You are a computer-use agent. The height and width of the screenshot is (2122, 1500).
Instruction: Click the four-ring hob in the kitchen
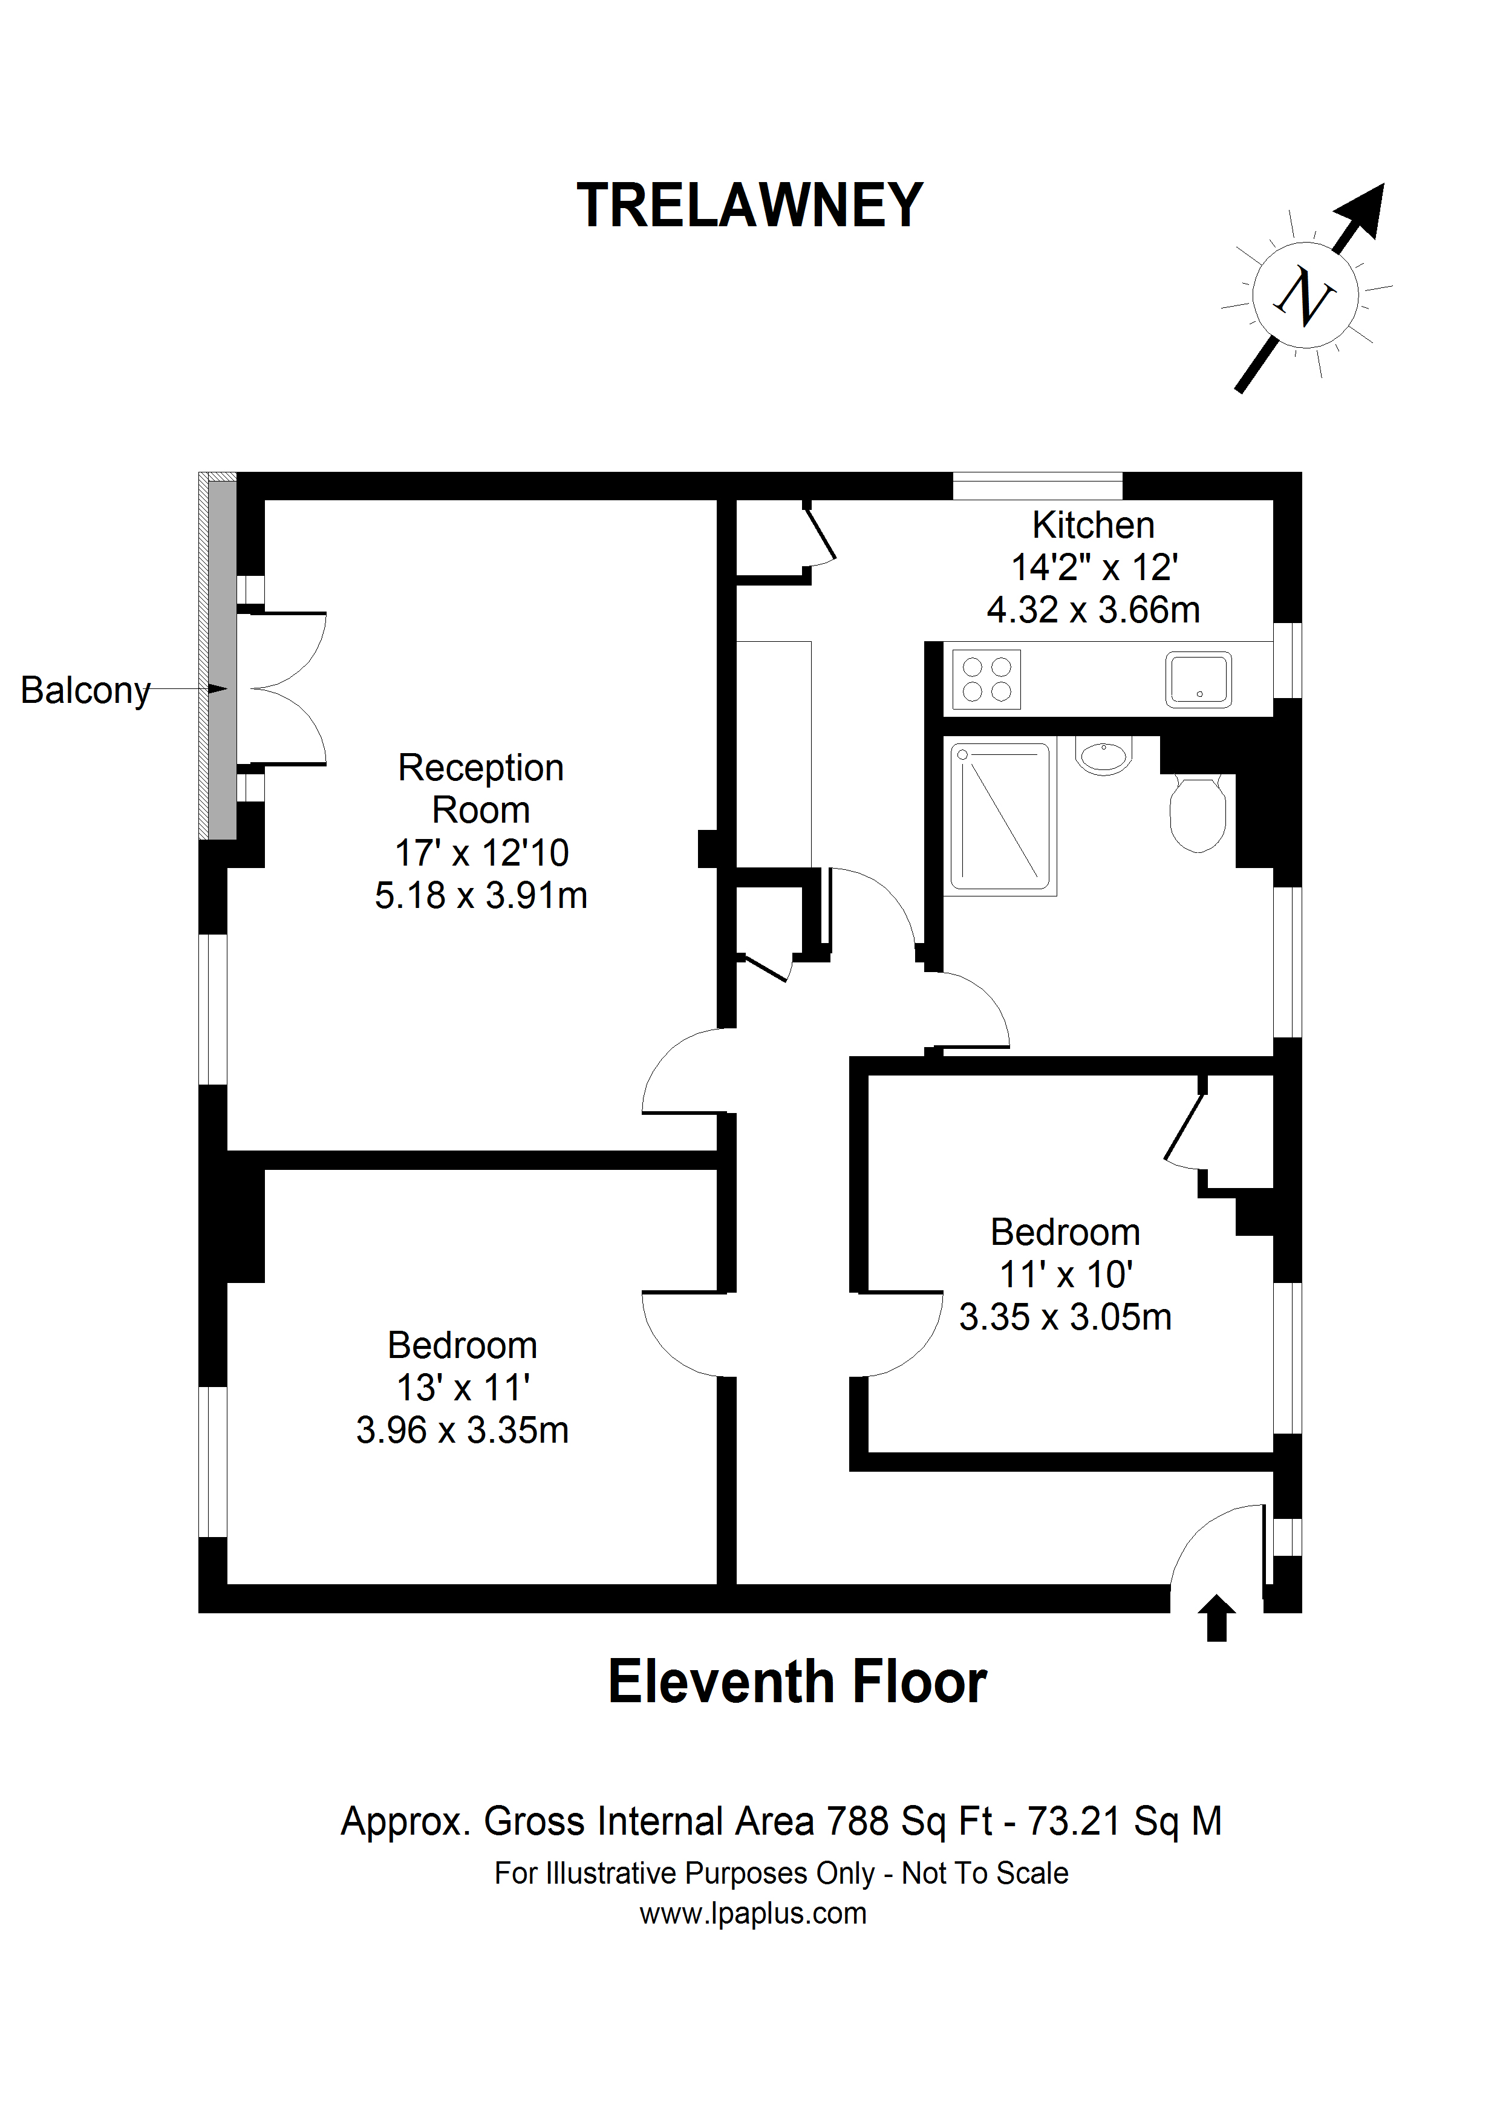(986, 679)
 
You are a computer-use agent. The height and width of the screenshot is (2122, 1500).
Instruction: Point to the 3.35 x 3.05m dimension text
(1065, 1317)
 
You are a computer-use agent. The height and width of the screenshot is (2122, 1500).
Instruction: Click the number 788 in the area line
(858, 1821)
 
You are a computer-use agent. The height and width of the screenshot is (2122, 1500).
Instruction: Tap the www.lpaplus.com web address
(752, 1913)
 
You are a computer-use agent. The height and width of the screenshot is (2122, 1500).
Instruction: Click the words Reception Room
(481, 788)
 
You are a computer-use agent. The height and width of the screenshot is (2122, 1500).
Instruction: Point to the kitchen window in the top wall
(1037, 485)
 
